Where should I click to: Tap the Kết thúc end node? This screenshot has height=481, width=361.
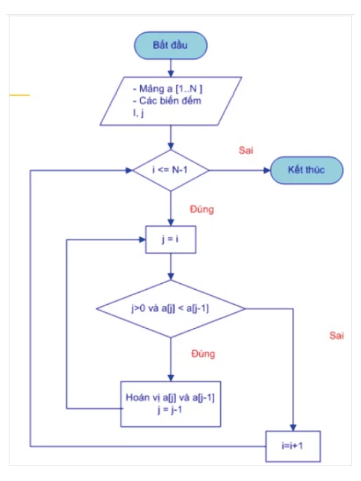click(x=306, y=170)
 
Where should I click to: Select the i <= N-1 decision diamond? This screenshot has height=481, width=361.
click(x=171, y=170)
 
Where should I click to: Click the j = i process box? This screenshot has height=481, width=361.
click(x=171, y=240)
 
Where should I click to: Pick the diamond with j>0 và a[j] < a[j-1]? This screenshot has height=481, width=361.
click(x=171, y=309)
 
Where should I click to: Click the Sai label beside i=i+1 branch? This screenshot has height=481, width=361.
click(x=336, y=335)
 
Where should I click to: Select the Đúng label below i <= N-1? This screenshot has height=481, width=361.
click(x=202, y=210)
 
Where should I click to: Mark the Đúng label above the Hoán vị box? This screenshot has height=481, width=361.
click(x=202, y=354)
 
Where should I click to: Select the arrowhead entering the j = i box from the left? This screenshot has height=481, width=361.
click(x=143, y=240)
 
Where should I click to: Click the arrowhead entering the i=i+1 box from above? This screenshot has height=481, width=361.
click(x=294, y=427)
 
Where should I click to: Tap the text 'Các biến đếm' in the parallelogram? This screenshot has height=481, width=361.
click(x=170, y=100)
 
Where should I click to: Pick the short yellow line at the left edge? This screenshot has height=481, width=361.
click(x=19, y=96)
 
